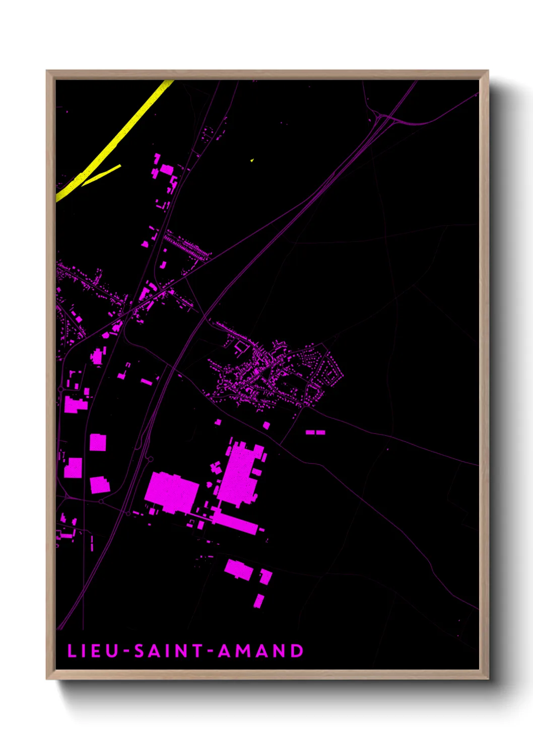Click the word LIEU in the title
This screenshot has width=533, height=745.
click(x=93, y=651)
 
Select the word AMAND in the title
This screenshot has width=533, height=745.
click(x=260, y=651)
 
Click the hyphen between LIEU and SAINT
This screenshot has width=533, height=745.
click(x=126, y=651)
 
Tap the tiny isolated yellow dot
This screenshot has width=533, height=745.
click(x=251, y=160)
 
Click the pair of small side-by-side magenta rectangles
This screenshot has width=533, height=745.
click(x=315, y=432)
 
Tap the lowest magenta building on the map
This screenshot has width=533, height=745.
click(x=258, y=601)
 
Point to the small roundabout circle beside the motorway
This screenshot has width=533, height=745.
click(x=149, y=459)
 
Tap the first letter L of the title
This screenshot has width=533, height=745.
click(x=71, y=651)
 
